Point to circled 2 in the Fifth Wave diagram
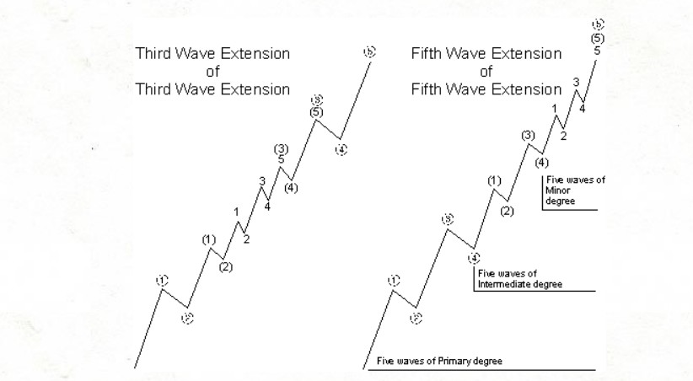[x=416, y=318]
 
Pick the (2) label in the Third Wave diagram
[x=226, y=267]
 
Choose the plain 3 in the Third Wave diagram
[x=262, y=181]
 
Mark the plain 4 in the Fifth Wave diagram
[x=583, y=108]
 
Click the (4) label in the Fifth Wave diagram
[x=541, y=163]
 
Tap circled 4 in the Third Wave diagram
[x=341, y=150]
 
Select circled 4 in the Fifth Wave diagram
[x=475, y=257]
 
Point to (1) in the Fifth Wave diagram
[x=494, y=180]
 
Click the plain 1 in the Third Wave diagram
[x=237, y=212]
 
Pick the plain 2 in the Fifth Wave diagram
[x=563, y=135]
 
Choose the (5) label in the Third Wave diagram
[x=316, y=111]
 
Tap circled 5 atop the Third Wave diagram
[x=368, y=52]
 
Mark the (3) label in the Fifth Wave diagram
[x=529, y=136]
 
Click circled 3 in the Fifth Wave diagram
[x=449, y=219]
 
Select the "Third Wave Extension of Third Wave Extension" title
[x=212, y=71]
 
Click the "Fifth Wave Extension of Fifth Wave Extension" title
[x=486, y=71]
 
